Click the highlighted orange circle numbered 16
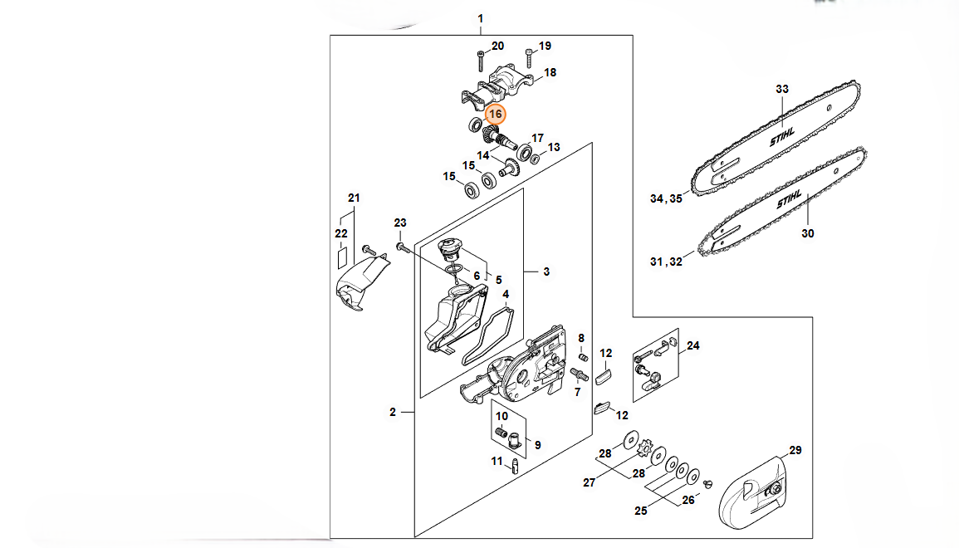point(496,114)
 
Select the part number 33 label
point(781,89)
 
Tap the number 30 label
point(808,233)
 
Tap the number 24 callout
point(693,345)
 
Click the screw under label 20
point(482,60)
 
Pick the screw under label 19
point(529,57)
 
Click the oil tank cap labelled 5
point(452,249)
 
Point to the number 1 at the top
point(481,18)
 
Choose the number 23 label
point(400,223)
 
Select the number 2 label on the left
point(392,412)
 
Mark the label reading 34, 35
point(665,198)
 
